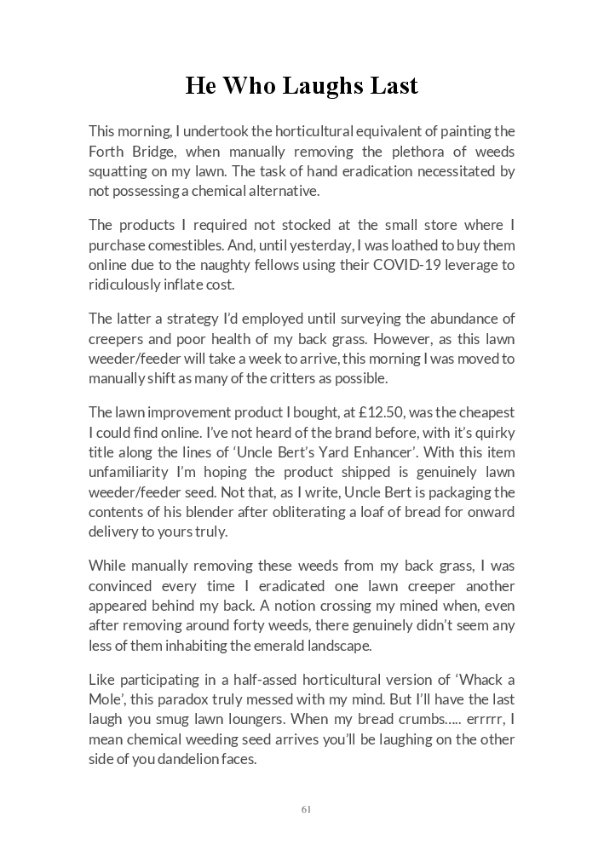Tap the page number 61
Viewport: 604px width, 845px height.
[x=306, y=808]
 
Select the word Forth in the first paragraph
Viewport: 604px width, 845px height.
[x=106, y=152]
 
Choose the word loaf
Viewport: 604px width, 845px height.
[x=346, y=512]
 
